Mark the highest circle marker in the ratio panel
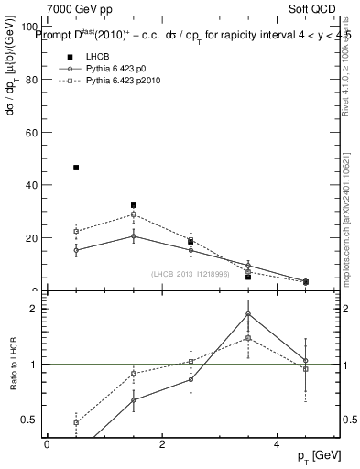click(x=248, y=314)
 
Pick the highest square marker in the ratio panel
click(x=248, y=338)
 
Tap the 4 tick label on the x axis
click(x=277, y=444)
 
